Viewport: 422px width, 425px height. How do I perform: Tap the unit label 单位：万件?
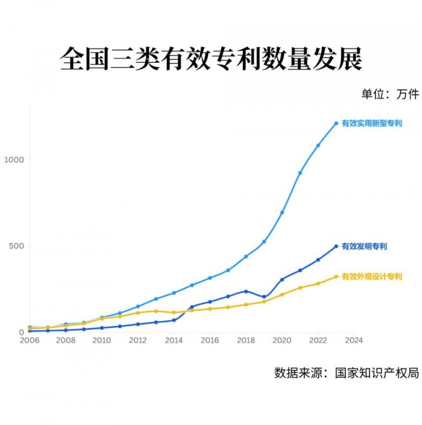390,94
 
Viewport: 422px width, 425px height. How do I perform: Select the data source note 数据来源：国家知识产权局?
346,372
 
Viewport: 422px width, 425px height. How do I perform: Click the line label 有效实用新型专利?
372,124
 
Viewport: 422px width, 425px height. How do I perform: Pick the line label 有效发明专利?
365,247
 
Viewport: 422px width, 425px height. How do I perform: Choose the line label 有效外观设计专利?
372,277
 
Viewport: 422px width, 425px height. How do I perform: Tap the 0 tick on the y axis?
21,332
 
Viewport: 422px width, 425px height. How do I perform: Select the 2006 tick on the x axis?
30,341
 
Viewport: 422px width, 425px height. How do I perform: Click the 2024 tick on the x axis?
354,341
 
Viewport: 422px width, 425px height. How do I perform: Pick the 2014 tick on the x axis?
174,341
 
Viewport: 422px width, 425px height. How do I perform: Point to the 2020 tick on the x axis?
282,341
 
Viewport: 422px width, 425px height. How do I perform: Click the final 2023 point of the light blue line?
336,124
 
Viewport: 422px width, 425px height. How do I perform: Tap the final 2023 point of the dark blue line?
336,247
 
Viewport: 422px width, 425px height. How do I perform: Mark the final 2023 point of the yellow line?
336,277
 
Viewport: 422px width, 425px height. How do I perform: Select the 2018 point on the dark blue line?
246,291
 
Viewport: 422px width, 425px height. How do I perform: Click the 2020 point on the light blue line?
282,212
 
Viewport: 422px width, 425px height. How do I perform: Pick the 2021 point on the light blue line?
300,173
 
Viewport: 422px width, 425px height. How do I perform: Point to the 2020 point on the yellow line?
282,295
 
